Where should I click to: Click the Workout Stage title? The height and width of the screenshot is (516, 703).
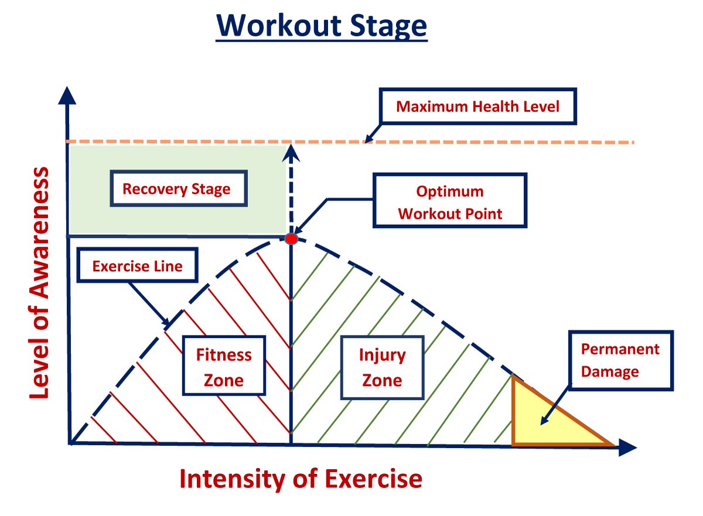point(322,26)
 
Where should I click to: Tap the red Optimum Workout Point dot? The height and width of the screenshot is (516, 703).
point(291,238)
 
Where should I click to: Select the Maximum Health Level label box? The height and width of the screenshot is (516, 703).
point(478,107)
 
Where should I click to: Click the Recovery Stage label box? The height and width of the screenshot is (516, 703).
point(176,189)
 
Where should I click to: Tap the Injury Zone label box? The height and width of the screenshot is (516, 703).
point(382,368)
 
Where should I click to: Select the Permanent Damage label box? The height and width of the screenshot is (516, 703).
point(620,360)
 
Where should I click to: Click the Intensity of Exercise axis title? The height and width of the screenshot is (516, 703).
point(301,479)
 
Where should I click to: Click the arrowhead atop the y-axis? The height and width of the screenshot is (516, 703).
point(69,96)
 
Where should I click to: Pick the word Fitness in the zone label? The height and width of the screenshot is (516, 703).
point(224,356)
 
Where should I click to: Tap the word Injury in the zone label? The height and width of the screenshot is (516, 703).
point(382,356)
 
